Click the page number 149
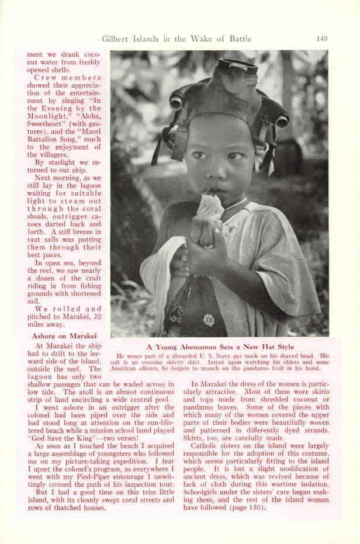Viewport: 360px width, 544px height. [x=321, y=39]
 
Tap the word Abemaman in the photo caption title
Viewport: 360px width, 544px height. [x=202, y=347]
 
